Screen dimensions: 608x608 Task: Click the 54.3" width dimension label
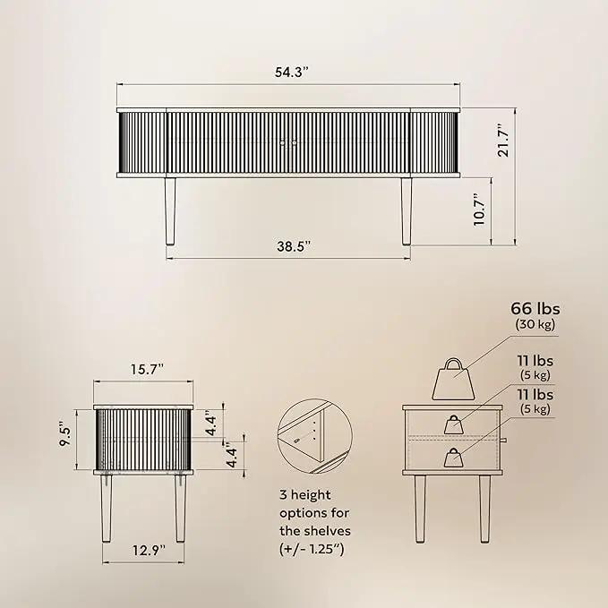click(x=292, y=73)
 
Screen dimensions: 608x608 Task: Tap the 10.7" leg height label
click(x=479, y=210)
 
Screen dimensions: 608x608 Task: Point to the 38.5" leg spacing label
click(x=294, y=246)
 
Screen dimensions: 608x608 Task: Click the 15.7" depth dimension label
click(x=148, y=370)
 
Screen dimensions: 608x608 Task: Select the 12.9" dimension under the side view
click(x=149, y=550)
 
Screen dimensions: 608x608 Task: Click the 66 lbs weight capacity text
click(x=535, y=309)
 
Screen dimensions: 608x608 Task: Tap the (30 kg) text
click(x=535, y=324)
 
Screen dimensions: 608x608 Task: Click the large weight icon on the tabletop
click(x=453, y=380)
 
